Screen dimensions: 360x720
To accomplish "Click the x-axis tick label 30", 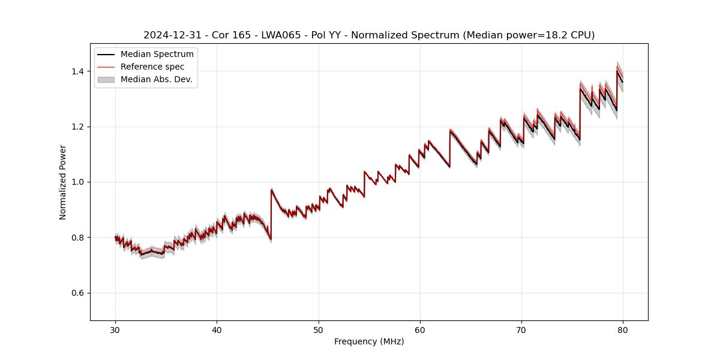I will [115, 329].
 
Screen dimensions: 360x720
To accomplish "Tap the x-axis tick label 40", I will [217, 329].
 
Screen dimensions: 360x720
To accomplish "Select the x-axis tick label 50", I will [319, 329].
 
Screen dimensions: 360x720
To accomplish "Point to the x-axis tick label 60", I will [420, 329].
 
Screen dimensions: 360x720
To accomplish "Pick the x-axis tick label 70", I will [521, 329].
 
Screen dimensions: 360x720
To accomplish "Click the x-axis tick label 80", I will [623, 329].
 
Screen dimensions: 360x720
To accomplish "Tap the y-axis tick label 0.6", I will [77, 293].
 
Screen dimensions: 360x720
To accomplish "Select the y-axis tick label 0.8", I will [77, 238].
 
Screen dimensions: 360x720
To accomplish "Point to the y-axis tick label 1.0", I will [77, 182].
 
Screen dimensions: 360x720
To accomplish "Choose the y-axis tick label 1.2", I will [77, 127].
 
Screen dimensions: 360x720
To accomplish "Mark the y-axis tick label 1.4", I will [77, 71].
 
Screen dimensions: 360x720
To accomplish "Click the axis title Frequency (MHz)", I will [369, 341].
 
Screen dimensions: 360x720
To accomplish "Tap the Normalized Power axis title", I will [63, 182].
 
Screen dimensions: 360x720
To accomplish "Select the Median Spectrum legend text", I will [157, 55].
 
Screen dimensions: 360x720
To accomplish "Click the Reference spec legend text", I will [152, 67].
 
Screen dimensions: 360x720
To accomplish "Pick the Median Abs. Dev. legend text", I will [157, 79].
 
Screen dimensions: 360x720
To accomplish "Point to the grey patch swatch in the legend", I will [106, 79].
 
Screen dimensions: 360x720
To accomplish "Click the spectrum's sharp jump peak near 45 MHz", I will [272, 190].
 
